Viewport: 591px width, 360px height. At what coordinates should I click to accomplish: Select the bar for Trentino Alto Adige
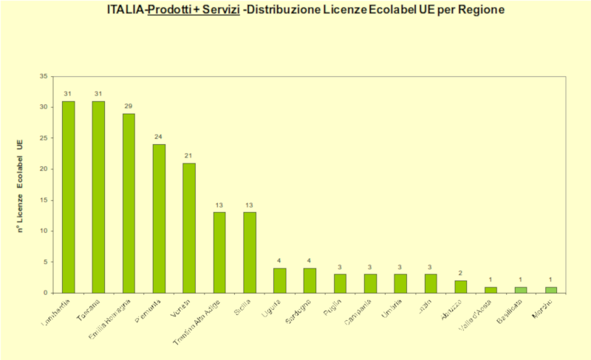pos(219,252)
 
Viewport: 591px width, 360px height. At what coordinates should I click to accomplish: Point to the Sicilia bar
pos(250,252)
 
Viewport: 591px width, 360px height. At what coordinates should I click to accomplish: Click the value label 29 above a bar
pos(129,106)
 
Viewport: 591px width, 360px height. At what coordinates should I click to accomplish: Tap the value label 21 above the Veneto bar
pos(189,156)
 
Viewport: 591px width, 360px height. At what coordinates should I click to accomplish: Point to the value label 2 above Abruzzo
pos(461,274)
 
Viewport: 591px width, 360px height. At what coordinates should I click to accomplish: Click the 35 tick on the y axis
pos(43,76)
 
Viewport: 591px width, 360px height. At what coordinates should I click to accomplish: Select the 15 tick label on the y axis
pos(43,200)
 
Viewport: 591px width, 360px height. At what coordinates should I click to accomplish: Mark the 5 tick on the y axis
pos(45,262)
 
